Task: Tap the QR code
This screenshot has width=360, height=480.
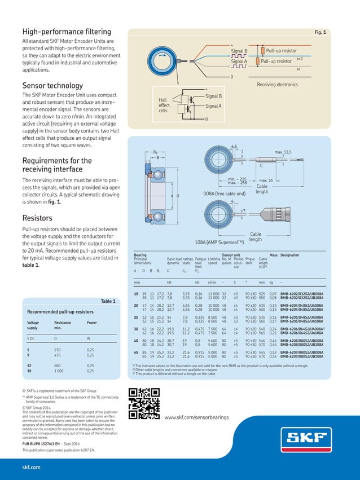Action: point(141,404)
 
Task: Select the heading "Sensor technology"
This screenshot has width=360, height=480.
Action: point(52,86)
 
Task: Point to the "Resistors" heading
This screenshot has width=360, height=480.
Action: point(37,218)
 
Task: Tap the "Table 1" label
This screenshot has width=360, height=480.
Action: point(108,301)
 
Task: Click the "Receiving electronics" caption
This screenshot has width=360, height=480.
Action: point(277,84)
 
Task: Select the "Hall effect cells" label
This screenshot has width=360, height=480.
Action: point(164,105)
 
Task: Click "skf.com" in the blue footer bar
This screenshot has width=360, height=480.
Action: point(31,468)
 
